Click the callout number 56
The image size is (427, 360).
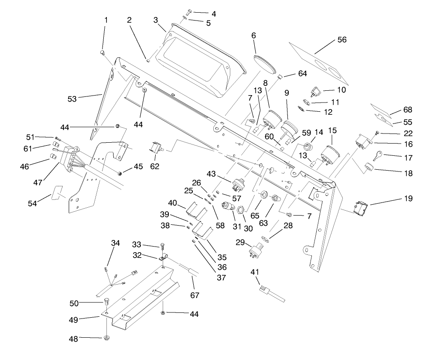click(342, 40)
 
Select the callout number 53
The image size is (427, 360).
click(72, 99)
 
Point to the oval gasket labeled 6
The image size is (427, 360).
click(265, 64)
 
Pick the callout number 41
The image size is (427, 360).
click(255, 272)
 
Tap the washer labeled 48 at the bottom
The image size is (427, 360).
click(106, 338)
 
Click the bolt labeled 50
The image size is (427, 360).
click(106, 301)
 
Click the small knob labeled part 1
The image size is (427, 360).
click(103, 53)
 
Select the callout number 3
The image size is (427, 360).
click(156, 20)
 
